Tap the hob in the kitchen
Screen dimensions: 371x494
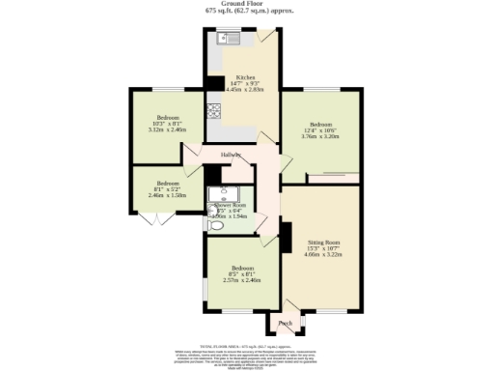(x=212, y=121)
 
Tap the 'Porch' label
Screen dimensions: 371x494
(x=285, y=323)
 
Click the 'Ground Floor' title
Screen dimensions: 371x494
(x=246, y=4)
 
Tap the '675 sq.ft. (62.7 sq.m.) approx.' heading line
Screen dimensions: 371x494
(x=246, y=11)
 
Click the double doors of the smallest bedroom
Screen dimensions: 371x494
(x=147, y=221)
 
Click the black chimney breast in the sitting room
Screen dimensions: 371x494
(x=286, y=237)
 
